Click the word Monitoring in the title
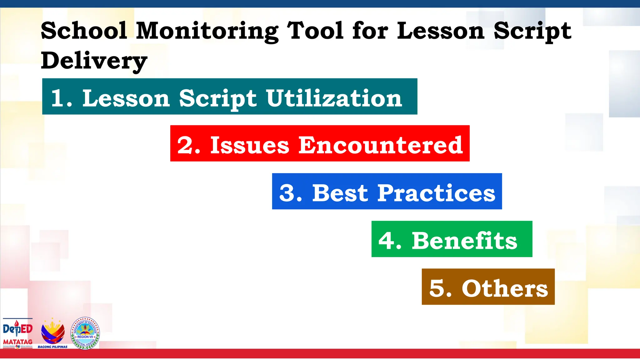(x=207, y=31)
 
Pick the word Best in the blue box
(x=340, y=193)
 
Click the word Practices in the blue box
(x=436, y=193)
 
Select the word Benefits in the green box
(x=464, y=241)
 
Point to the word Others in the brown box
(x=505, y=288)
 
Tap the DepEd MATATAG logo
(x=18, y=333)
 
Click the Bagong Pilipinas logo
(x=53, y=333)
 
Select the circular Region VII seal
(x=85, y=333)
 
